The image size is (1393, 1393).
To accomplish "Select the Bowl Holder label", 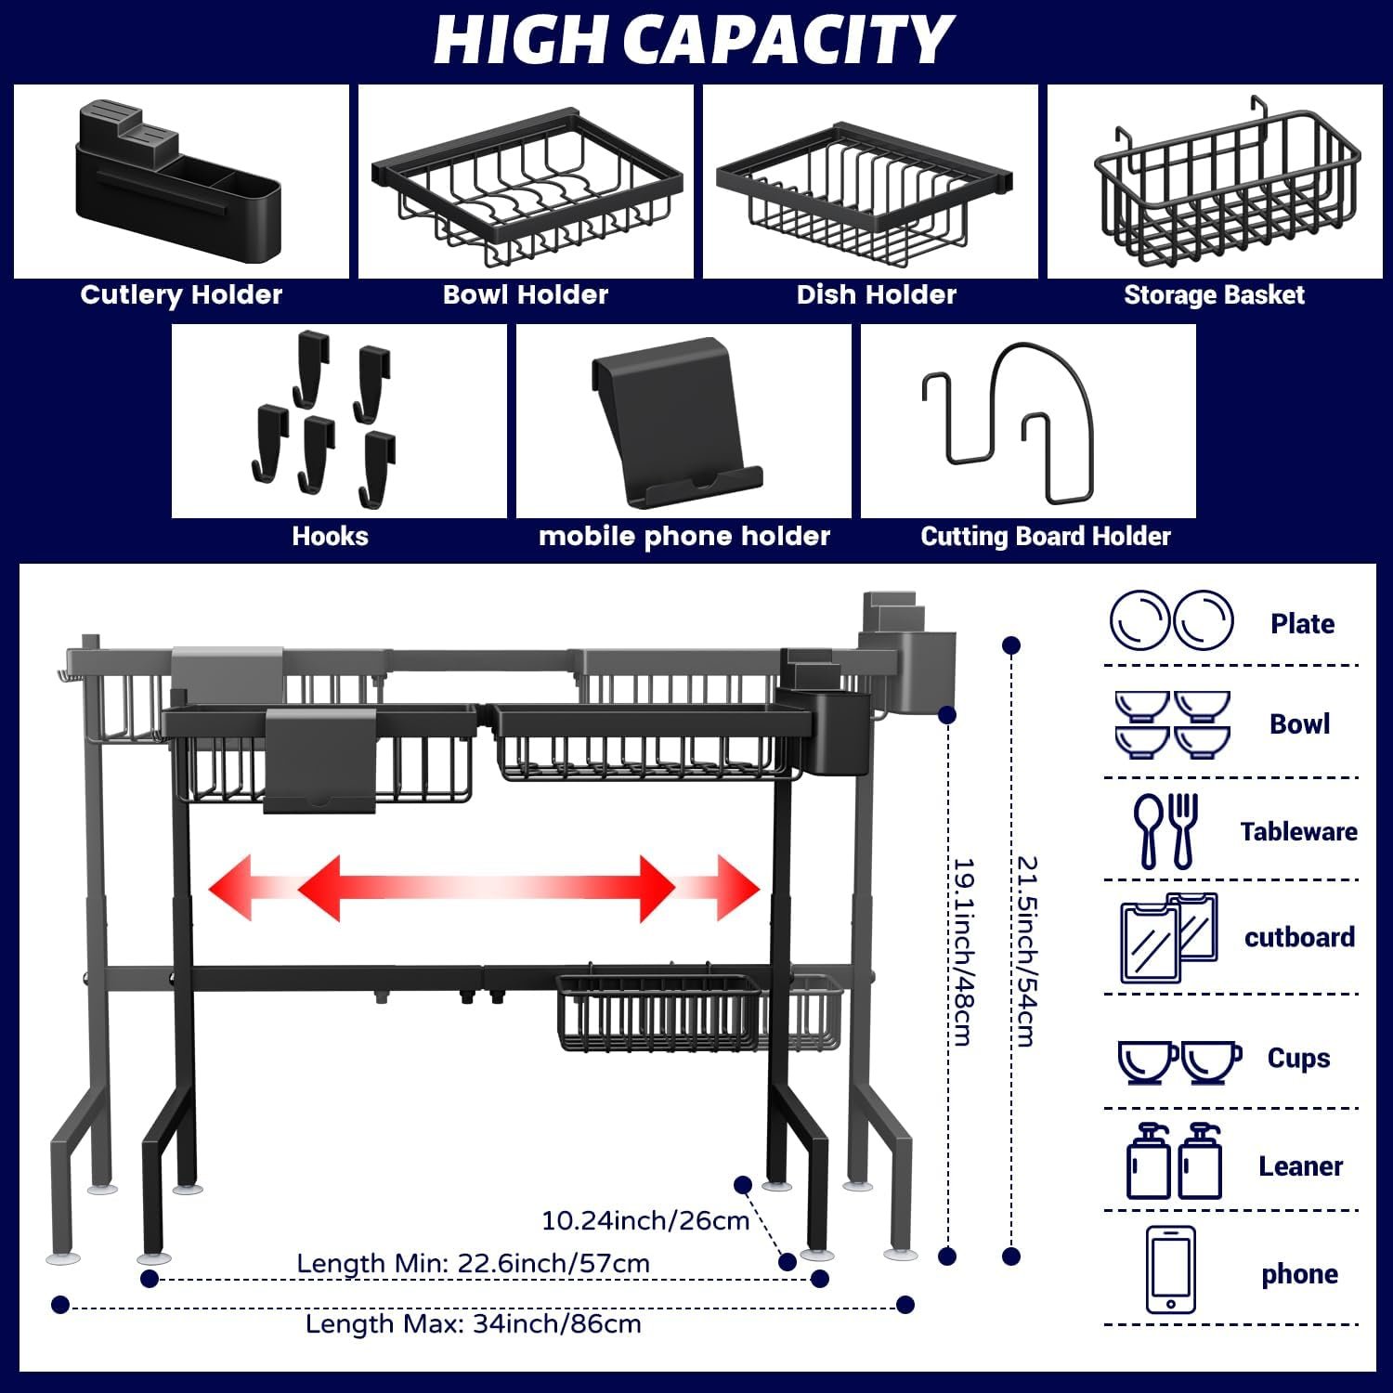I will coord(526,295).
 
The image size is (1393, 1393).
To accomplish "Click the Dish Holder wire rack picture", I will coord(865,191).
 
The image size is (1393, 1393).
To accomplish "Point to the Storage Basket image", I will coord(1226,186).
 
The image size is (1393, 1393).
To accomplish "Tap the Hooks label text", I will coord(330,536).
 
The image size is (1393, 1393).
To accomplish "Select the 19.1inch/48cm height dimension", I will coord(963,951).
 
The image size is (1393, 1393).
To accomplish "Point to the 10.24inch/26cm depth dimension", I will coord(645,1220).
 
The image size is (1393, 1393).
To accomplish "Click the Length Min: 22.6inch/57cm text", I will coord(473,1263).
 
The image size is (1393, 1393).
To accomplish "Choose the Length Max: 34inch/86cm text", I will coord(473,1323).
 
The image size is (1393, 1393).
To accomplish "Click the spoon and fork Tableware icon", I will coord(1165,830).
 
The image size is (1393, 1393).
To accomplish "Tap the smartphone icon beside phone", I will coord(1170,1269).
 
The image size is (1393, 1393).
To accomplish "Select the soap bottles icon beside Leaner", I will coord(1173,1162).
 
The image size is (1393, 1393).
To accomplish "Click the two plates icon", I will coord(1171,621).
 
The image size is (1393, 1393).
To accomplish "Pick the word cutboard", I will coord(1299,937).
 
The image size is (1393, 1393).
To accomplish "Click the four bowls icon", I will coord(1172,724).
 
